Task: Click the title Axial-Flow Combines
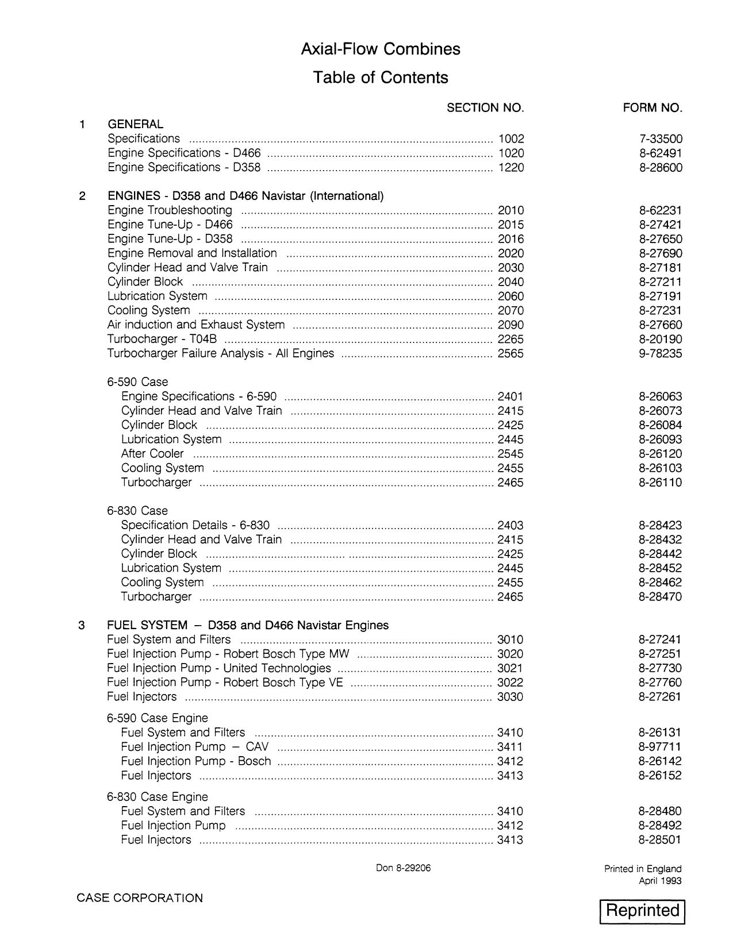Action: click(x=381, y=49)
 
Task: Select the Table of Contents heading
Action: click(x=381, y=78)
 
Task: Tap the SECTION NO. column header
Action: click(x=485, y=108)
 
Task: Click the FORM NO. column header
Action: click(x=653, y=108)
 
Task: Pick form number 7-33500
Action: click(x=661, y=139)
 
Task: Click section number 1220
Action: click(x=511, y=168)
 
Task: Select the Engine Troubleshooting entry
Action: click(x=170, y=210)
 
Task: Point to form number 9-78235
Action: click(x=660, y=353)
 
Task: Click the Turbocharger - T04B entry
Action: click(x=162, y=339)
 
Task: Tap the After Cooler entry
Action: click(x=152, y=454)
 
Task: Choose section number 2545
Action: click(x=511, y=454)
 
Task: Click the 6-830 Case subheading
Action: click(x=137, y=511)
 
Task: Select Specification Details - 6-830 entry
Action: click(x=195, y=525)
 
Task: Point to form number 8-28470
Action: click(x=660, y=597)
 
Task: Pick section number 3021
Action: click(x=511, y=668)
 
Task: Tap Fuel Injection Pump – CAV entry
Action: click(x=194, y=747)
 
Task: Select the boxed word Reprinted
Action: click(x=642, y=911)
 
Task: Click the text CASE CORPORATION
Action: click(x=140, y=898)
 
